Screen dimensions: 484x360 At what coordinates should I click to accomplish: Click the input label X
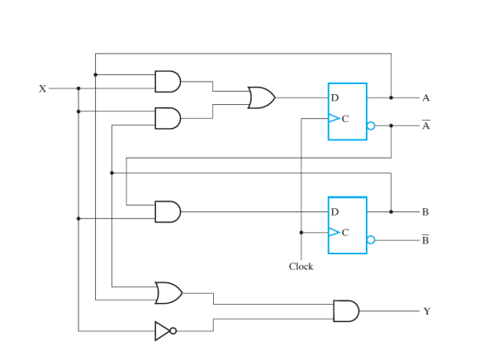pos(43,89)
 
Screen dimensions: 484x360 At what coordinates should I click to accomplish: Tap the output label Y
pos(427,311)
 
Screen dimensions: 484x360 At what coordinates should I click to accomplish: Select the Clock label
pos(301,266)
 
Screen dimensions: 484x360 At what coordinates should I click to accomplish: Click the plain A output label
pos(426,98)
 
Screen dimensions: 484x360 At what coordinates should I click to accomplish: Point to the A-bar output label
pos(426,125)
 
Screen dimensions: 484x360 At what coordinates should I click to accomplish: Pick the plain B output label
pos(425,212)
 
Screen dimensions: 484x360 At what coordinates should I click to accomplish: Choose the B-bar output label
pos(425,239)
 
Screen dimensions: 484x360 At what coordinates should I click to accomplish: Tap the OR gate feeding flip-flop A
pos(261,97)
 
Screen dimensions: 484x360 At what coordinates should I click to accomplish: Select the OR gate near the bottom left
pos(168,293)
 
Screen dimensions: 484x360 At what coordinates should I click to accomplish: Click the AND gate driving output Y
pos(346,311)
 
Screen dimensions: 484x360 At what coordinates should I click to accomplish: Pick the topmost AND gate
pos(168,82)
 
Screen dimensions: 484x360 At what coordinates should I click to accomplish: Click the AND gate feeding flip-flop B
pos(168,212)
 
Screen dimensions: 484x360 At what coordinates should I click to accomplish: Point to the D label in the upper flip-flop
pos(335,97)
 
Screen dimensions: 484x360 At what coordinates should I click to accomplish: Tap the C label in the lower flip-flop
pos(345,232)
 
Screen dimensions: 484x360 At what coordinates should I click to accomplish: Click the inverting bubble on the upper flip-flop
pos(371,126)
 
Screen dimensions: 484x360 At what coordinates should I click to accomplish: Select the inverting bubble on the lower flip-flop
pos(371,239)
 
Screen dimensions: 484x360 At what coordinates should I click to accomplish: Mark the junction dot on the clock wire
pos(301,232)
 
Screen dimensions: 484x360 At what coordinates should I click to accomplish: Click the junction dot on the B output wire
pos(391,212)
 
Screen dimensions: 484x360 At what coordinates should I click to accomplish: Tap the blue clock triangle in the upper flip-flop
pos(334,118)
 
